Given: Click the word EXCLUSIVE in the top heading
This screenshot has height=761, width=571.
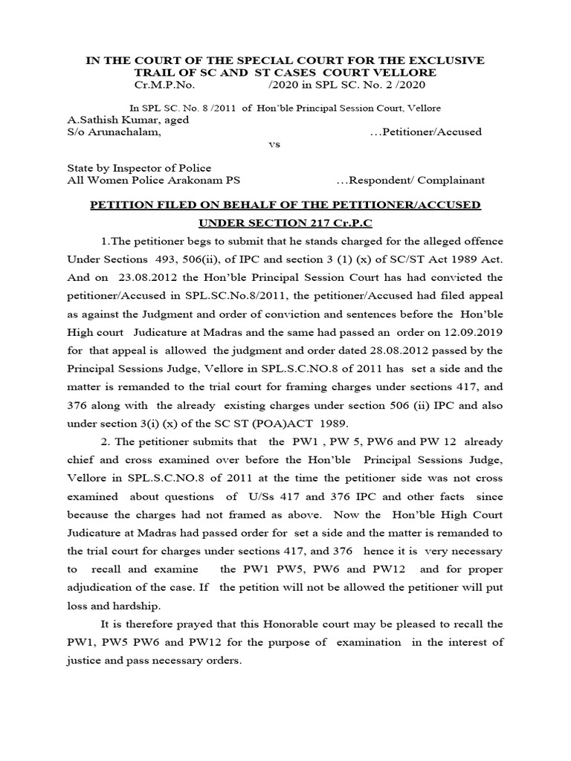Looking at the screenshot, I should point(445,59).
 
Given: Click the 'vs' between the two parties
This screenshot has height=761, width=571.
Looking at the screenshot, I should point(274,145).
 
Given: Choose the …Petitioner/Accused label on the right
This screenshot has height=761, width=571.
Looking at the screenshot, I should point(425,132).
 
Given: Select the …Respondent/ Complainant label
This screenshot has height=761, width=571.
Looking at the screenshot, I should point(410,180).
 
